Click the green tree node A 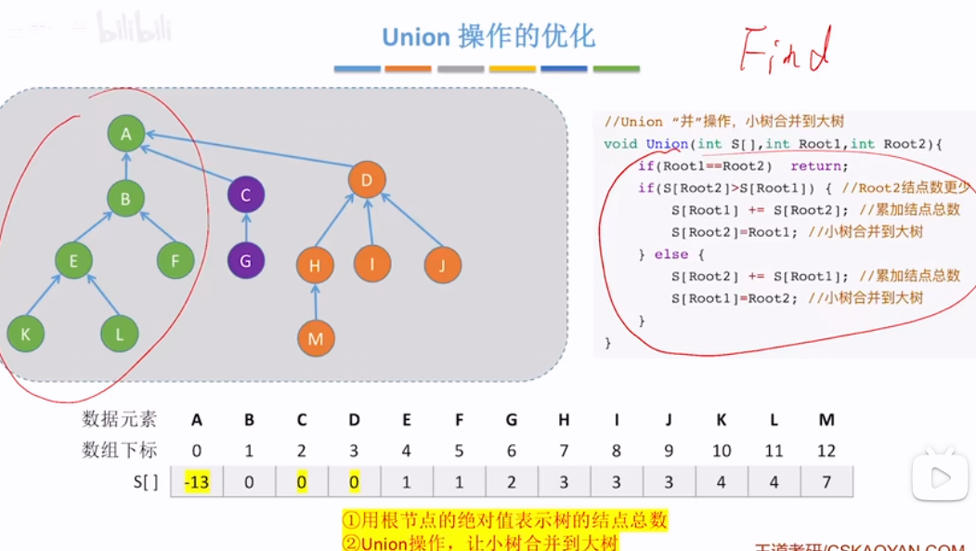[x=126, y=134]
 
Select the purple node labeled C [x=246, y=195]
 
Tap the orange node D [x=366, y=180]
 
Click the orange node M [x=316, y=339]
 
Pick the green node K [x=25, y=335]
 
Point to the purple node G [x=245, y=261]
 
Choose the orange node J [x=443, y=266]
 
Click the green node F [x=175, y=261]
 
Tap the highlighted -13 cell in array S [x=196, y=482]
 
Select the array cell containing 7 [x=826, y=482]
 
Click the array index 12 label [x=826, y=451]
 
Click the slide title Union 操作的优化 [x=488, y=37]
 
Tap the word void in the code [x=620, y=144]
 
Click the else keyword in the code [x=671, y=255]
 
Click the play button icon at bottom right [x=939, y=479]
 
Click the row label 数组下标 [x=120, y=451]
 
